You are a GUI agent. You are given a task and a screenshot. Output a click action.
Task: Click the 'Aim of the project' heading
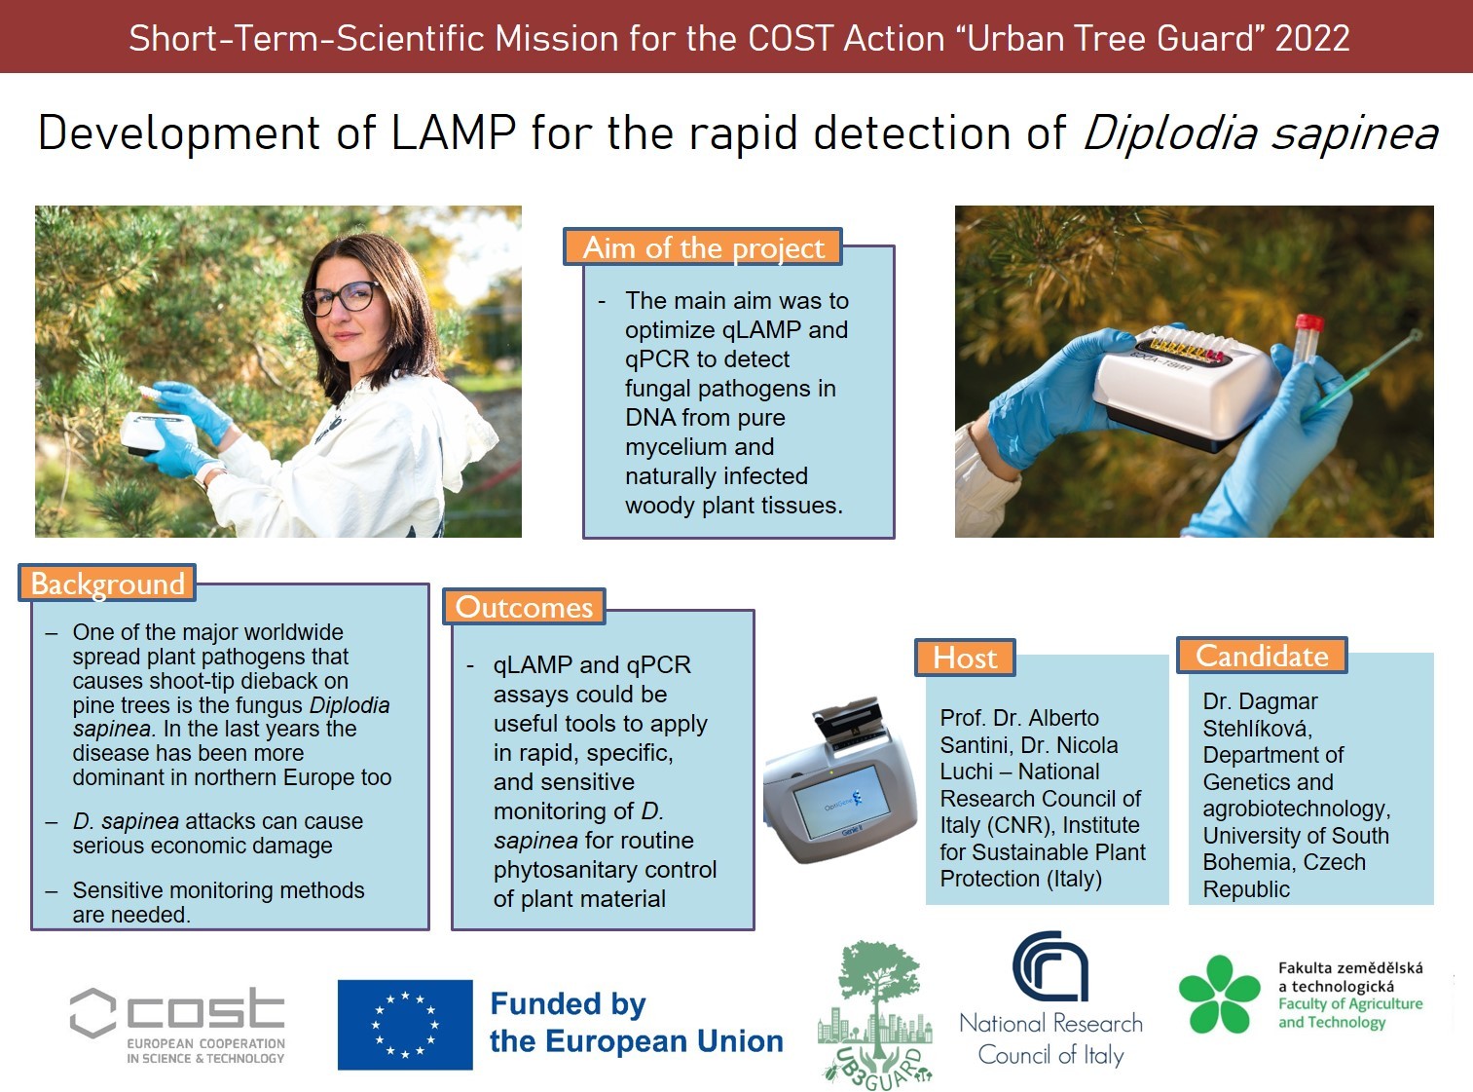tap(703, 247)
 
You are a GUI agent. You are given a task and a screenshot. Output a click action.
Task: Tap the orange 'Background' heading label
tap(107, 584)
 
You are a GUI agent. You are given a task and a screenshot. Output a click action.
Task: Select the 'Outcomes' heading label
tap(524, 607)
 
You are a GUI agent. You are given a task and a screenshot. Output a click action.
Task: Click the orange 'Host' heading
tap(965, 658)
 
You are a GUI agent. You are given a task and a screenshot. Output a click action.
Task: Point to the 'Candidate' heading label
tap(1262, 656)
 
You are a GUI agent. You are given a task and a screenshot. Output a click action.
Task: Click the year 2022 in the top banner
tap(1312, 38)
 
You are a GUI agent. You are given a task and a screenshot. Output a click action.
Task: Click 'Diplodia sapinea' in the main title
tap(1261, 132)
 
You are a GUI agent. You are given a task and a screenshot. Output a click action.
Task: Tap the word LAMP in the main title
tap(454, 132)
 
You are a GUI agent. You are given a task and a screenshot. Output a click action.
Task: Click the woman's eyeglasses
tap(341, 299)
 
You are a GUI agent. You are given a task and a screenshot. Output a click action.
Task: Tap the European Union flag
tap(405, 1024)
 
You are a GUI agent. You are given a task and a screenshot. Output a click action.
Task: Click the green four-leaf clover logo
tap(1219, 995)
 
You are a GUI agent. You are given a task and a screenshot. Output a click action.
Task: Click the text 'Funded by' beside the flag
tap(568, 1003)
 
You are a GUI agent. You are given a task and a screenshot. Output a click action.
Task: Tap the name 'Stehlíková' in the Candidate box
tap(1257, 729)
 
